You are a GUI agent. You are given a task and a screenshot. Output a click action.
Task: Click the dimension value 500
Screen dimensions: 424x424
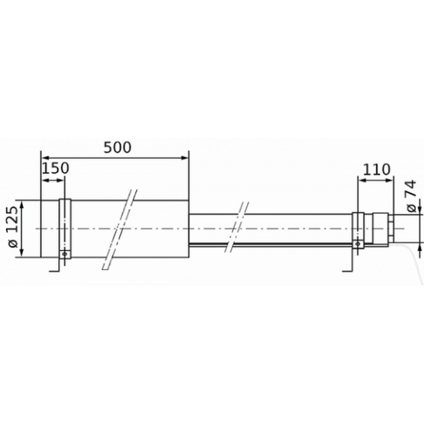point(117,147)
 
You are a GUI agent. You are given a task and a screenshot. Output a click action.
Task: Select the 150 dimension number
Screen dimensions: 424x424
point(56,168)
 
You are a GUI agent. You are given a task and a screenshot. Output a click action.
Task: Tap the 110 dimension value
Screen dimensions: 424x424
point(376,170)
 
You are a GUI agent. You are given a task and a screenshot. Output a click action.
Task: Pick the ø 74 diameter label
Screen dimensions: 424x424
point(411,196)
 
